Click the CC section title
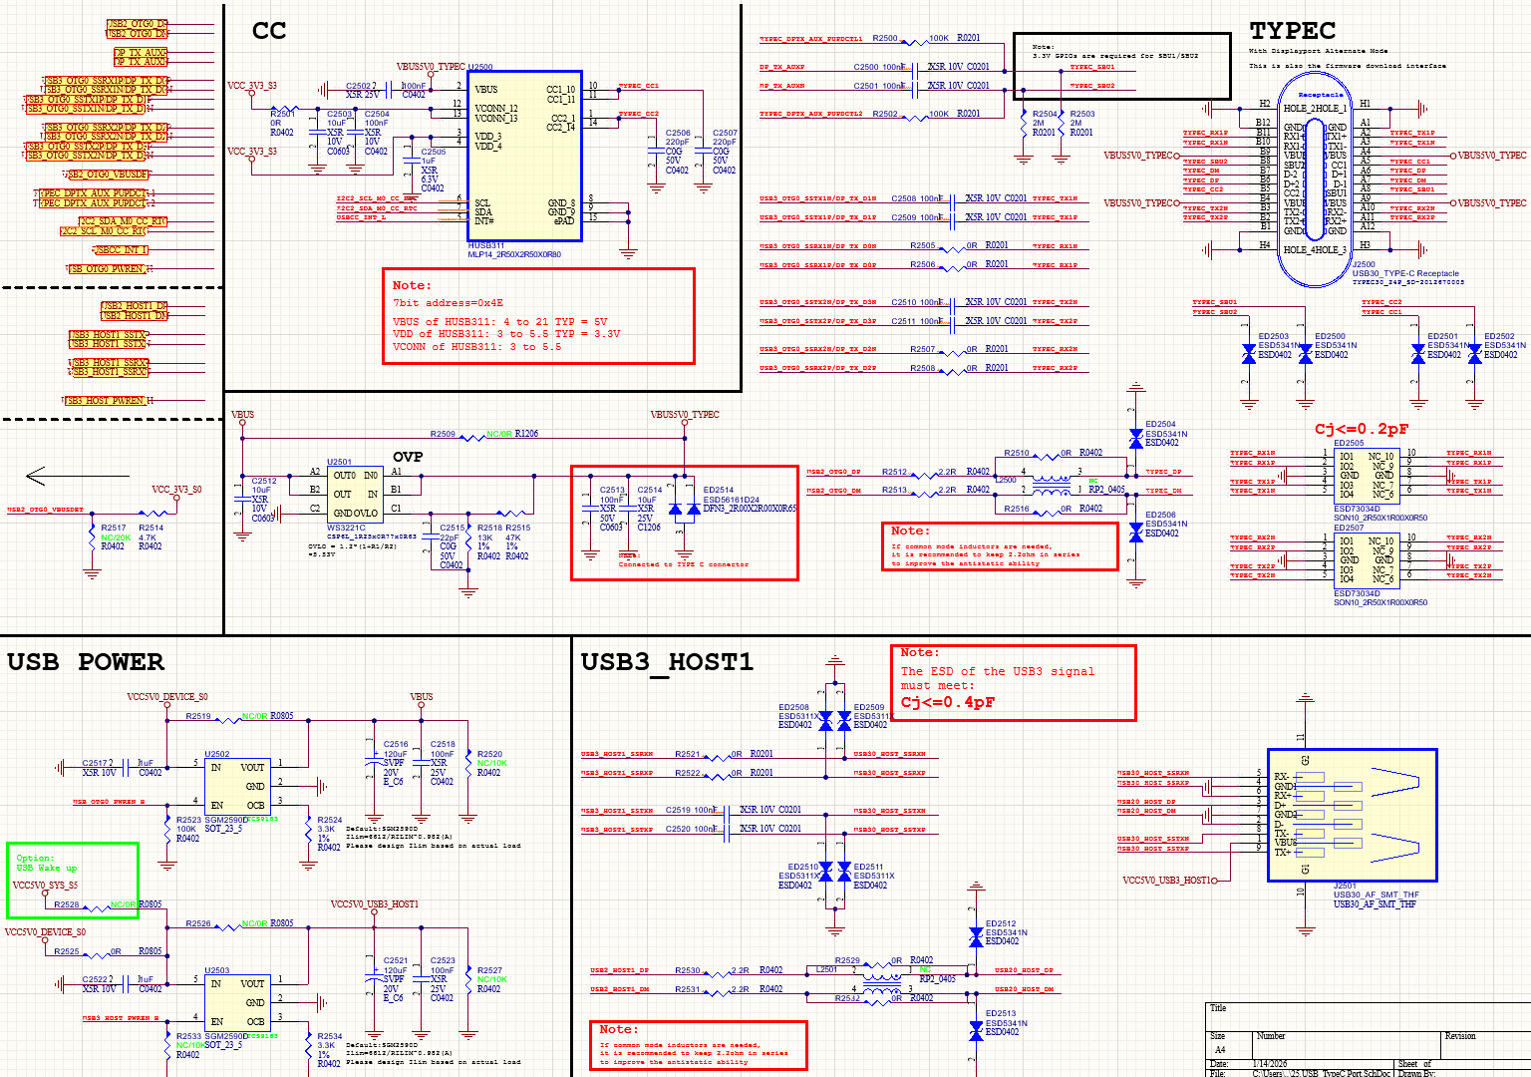269,32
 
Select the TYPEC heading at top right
1292,31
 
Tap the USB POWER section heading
85,662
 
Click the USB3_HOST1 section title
666,662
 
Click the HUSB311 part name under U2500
486,245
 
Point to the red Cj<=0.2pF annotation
1361,429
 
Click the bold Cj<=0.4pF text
947,702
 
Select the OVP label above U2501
408,457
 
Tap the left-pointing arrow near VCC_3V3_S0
36,476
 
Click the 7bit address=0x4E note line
448,303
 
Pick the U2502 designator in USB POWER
216,754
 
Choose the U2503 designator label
216,970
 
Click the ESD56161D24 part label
733,499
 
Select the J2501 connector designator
1345,886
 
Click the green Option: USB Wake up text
46,863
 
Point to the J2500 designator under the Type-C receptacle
1363,265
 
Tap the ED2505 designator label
1349,443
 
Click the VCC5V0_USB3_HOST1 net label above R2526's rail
375,904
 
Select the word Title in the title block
1217,1008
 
